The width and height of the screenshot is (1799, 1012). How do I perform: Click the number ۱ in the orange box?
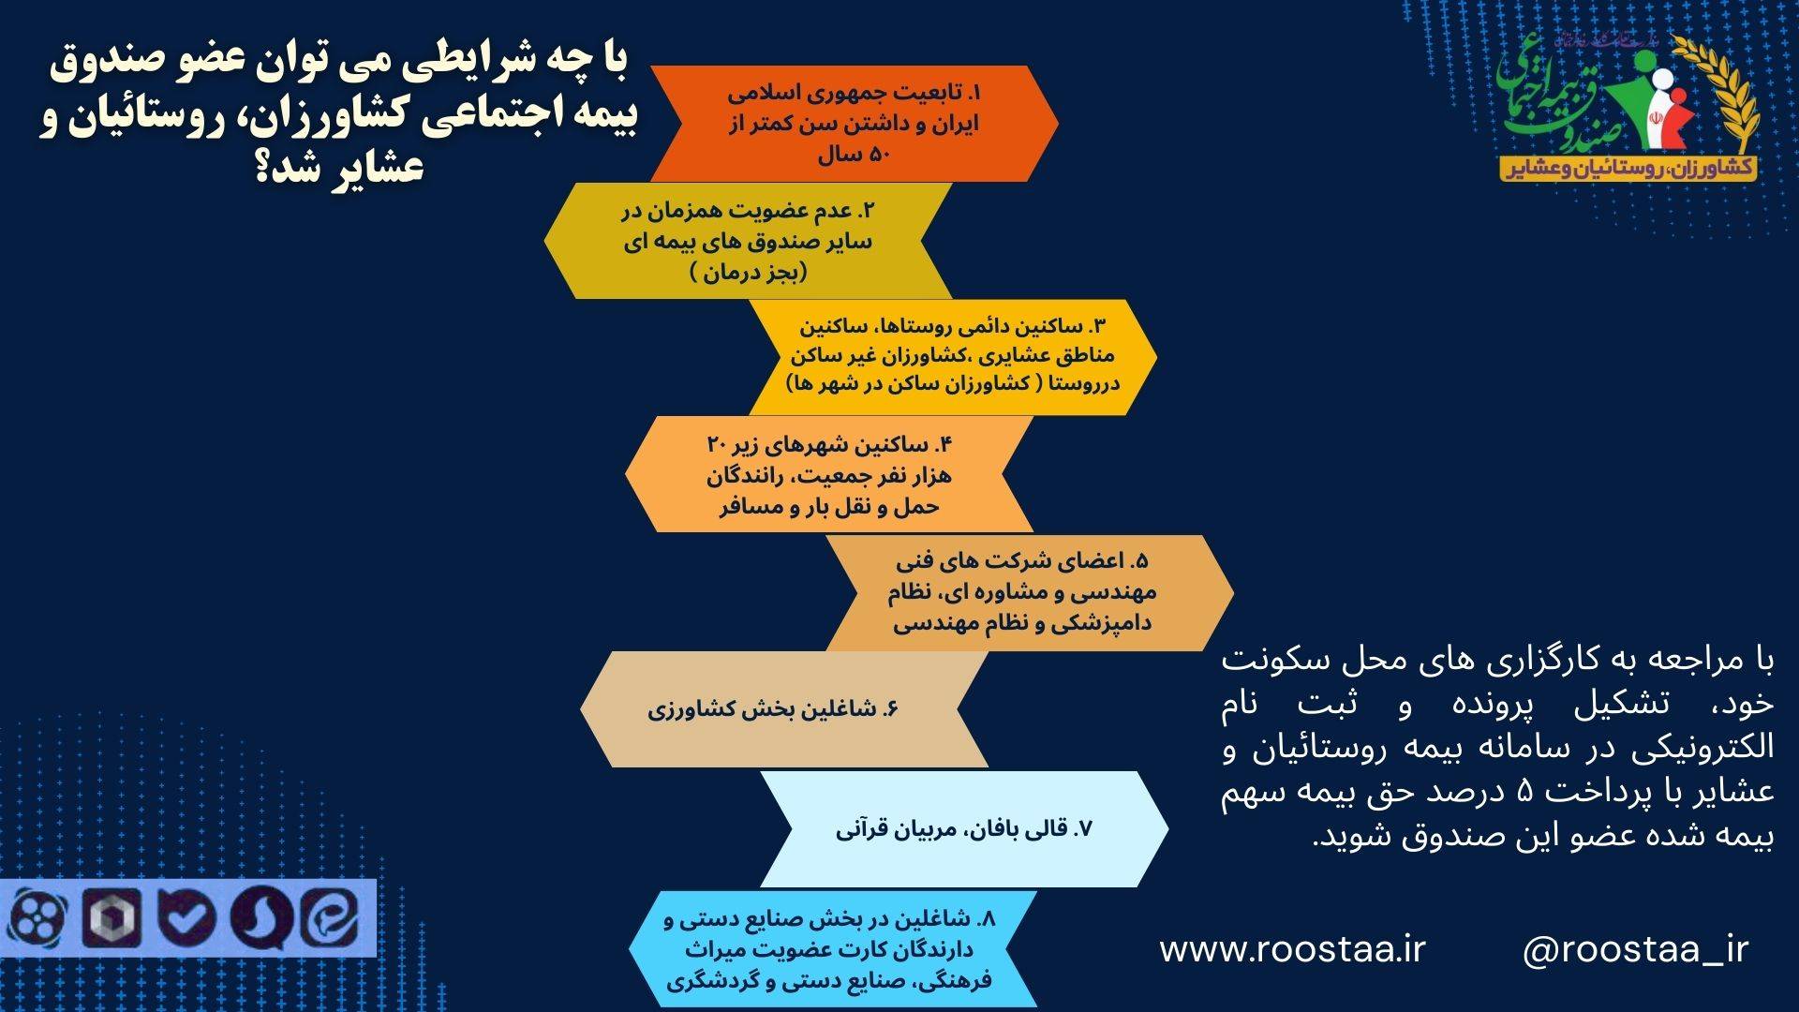(975, 94)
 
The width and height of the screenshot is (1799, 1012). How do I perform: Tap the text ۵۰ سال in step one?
(853, 156)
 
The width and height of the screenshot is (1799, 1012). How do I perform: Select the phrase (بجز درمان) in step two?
(749, 274)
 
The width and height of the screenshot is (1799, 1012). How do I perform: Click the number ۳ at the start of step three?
(1098, 327)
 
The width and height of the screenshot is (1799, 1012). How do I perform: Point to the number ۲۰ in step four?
(717, 444)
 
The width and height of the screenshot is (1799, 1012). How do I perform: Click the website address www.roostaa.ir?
(1292, 949)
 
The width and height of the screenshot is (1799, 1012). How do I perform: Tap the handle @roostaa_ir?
(1635, 950)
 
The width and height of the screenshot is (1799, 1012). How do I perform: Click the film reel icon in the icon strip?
(37, 918)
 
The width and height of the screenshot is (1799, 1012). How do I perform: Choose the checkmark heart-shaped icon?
(187, 918)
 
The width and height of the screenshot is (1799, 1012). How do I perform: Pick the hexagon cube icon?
(112, 918)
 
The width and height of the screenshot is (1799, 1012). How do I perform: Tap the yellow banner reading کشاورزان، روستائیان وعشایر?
(1628, 167)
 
